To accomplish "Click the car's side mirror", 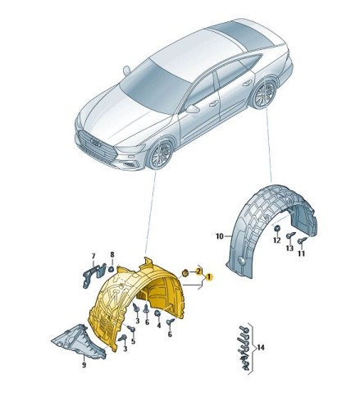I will click(192, 107).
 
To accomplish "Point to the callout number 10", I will click(219, 237).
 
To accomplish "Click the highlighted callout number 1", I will click(210, 278).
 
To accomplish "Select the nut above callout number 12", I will click(278, 227).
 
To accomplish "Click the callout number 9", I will click(83, 365).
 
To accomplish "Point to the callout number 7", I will click(93, 255).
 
